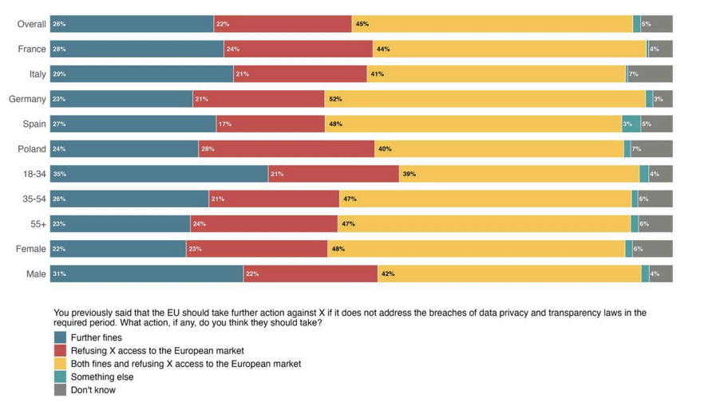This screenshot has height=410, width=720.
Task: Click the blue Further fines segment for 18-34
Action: click(x=159, y=174)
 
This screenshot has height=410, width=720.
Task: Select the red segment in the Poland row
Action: click(x=286, y=149)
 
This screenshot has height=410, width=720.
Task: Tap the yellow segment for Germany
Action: click(x=485, y=99)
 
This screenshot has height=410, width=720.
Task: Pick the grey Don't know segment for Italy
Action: click(x=651, y=74)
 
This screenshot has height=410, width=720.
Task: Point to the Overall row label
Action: click(x=32, y=25)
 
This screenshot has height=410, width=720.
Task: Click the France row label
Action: click(x=32, y=49)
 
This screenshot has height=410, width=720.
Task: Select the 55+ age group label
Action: click(x=36, y=224)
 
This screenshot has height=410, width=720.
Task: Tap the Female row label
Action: click(x=31, y=249)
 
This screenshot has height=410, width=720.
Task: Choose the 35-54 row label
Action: click(x=34, y=199)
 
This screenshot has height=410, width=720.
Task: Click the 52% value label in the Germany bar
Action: click(x=335, y=100)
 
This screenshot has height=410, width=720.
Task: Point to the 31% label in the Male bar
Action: click(x=59, y=274)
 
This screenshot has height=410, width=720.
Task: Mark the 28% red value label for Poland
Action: click(x=208, y=149)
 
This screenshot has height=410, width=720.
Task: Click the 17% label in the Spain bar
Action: click(x=225, y=124)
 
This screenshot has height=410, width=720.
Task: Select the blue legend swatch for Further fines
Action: click(x=60, y=338)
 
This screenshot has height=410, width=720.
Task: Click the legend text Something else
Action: click(x=102, y=377)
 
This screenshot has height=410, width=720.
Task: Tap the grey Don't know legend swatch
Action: click(x=60, y=390)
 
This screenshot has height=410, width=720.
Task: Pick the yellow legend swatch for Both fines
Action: click(x=60, y=365)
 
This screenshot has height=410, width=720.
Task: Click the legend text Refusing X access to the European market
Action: click(x=157, y=351)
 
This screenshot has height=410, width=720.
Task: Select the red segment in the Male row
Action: click(x=310, y=274)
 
